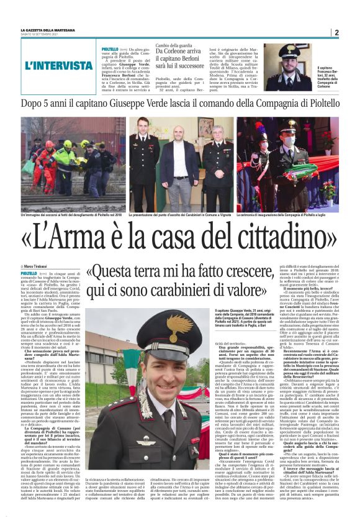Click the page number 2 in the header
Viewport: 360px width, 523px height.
click(335, 32)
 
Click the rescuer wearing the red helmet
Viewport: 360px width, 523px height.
click(45, 143)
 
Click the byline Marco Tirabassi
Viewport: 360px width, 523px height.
click(41, 265)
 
